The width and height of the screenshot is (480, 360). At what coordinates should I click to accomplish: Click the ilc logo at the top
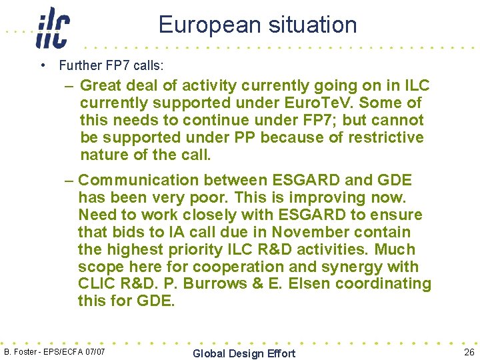point(53,28)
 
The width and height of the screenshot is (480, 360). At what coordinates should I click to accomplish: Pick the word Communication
point(139,181)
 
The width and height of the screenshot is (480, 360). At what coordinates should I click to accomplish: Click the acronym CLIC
point(98,284)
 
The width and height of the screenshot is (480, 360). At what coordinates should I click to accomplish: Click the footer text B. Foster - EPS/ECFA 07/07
point(54,351)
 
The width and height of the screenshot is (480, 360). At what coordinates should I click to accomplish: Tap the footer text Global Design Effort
point(243,353)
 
